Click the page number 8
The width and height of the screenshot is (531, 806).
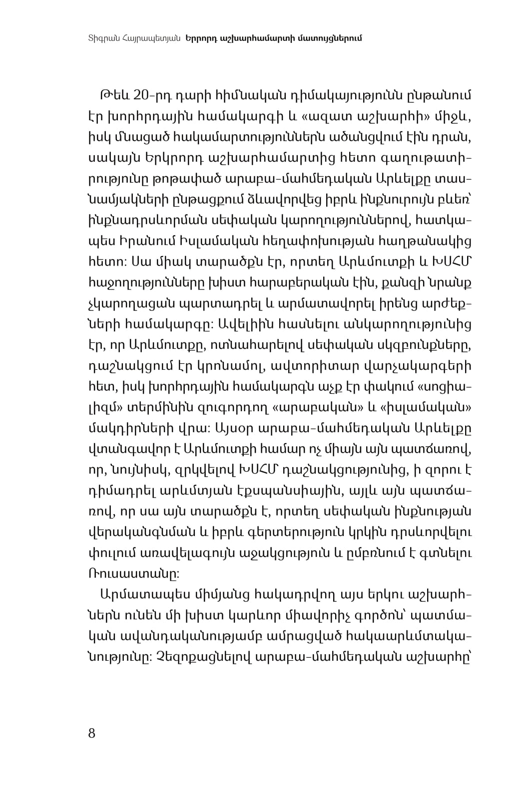pos(91,733)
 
